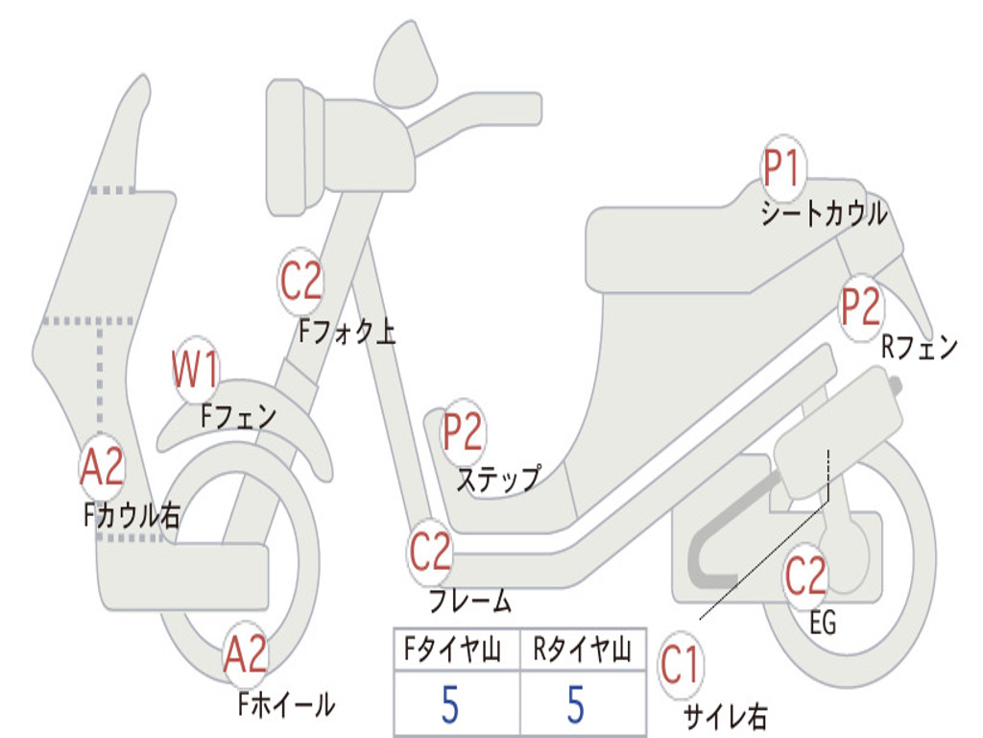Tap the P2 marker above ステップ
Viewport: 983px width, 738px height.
463,433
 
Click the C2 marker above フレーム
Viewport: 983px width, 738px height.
430,552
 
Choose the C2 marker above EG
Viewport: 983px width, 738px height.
805,577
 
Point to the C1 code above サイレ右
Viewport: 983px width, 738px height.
681,667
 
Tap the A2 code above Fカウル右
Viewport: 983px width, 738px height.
102,468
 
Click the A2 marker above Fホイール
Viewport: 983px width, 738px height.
245,656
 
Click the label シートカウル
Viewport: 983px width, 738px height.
824,214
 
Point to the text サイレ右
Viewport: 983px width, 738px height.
725,717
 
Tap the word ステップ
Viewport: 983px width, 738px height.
497,478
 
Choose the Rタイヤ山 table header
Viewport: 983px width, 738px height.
582,652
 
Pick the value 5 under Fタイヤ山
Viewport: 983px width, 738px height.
450,704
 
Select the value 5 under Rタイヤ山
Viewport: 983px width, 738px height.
576,704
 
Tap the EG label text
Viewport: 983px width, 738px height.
823,624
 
